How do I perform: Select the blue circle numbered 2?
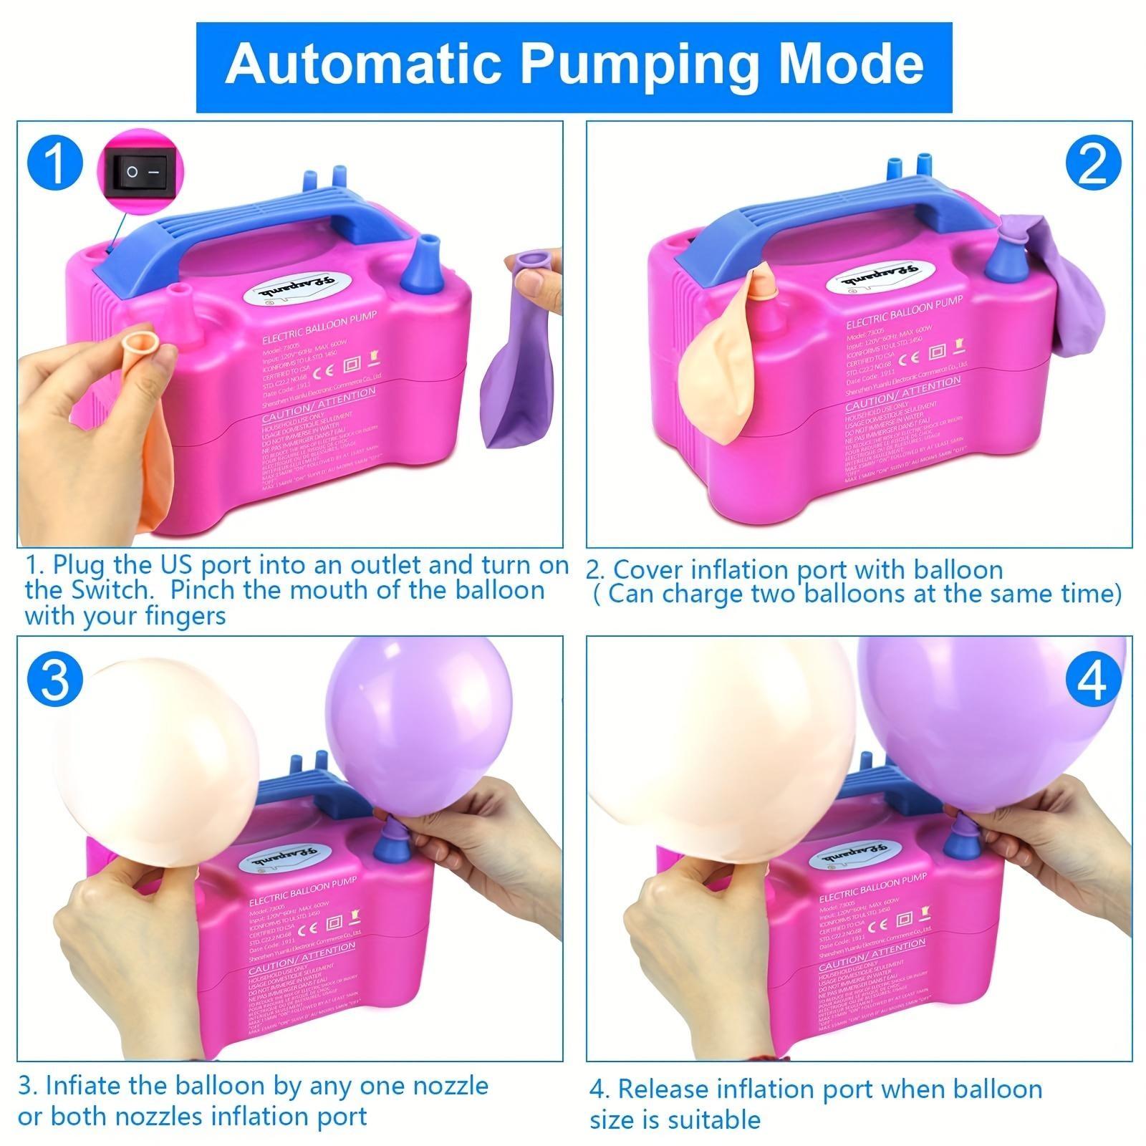click(x=1092, y=165)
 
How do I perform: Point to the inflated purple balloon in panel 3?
click(x=419, y=723)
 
